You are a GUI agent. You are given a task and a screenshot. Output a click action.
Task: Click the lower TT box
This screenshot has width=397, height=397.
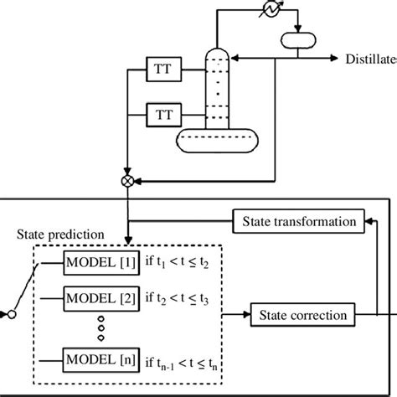tap(161, 111)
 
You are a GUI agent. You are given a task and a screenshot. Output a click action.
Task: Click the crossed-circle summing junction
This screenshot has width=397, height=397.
tap(126, 179)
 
